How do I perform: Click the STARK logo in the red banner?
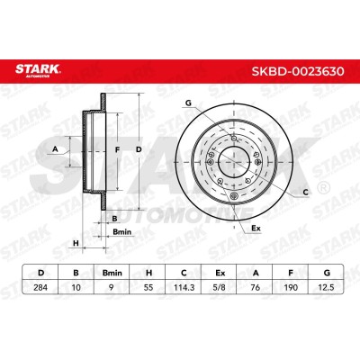click(x=38, y=70)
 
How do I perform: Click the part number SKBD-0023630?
click(x=298, y=71)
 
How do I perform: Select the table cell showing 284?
click(x=40, y=287)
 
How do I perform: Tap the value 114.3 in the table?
click(x=184, y=287)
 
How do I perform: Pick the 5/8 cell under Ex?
click(x=220, y=287)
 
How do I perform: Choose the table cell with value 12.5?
click(x=327, y=287)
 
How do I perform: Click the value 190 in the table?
click(x=291, y=287)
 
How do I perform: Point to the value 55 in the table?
click(x=148, y=287)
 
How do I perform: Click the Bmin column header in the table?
click(x=112, y=273)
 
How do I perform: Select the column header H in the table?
click(x=148, y=273)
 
